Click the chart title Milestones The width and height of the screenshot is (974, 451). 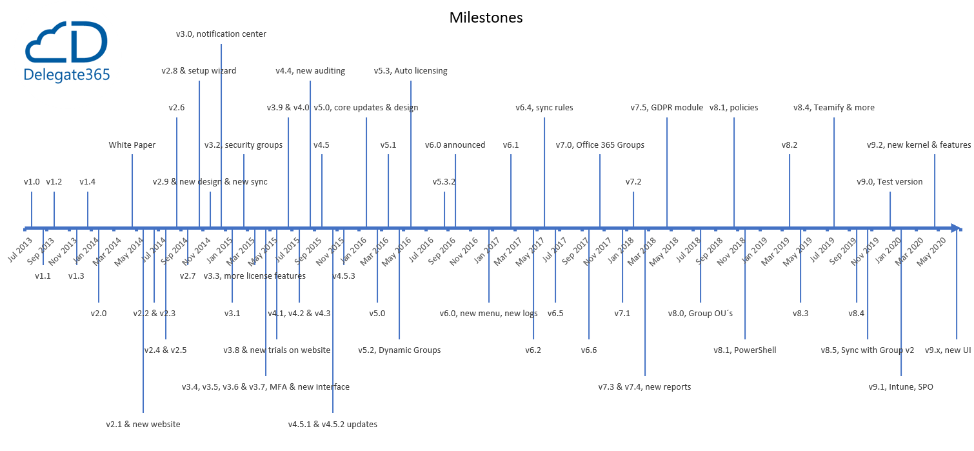[x=486, y=17]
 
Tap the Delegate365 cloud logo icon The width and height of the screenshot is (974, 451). [x=66, y=43]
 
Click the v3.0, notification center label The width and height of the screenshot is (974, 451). [x=221, y=34]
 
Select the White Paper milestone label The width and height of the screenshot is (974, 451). [x=132, y=145]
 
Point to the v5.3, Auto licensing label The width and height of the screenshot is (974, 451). [x=411, y=71]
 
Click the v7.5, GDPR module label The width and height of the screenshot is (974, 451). [x=667, y=108]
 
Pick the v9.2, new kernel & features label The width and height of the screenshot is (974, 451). [x=919, y=145]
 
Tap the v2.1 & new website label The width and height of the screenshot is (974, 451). [x=143, y=425]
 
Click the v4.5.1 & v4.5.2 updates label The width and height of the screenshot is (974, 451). [x=333, y=425]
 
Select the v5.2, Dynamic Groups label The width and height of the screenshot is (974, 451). [x=399, y=350]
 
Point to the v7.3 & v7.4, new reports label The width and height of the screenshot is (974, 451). [x=644, y=387]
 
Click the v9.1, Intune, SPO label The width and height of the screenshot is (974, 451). [x=900, y=387]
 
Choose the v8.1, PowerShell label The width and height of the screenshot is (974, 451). [x=745, y=350]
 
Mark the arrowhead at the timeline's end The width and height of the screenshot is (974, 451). [x=957, y=228]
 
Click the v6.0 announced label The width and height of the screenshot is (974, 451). [x=455, y=145]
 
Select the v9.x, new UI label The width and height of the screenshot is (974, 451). [x=948, y=350]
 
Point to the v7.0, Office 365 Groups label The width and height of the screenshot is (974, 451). [x=600, y=145]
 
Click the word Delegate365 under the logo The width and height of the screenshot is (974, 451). [x=66, y=75]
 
